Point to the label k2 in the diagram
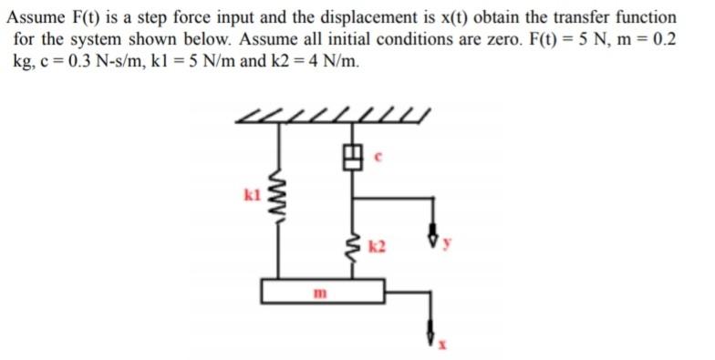379,246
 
